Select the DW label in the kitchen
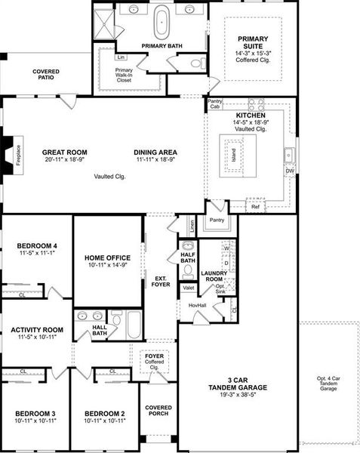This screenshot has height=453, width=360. [290, 171]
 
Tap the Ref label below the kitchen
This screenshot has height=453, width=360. [255, 206]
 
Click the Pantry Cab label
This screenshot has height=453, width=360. [216, 103]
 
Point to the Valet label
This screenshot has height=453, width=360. [188, 288]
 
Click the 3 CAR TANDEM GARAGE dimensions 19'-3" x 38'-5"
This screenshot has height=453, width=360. [238, 396]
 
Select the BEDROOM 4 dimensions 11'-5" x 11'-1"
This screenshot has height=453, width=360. [36, 254]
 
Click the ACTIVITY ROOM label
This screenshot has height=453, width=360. [36, 330]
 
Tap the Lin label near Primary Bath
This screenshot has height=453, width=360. [120, 57]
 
